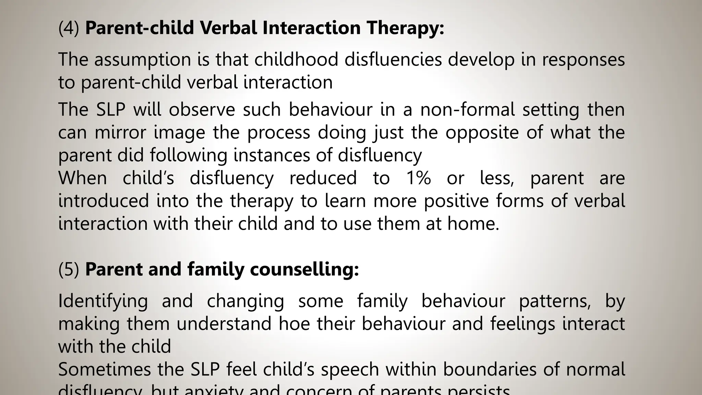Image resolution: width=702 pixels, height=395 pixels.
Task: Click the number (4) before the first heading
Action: coord(69,28)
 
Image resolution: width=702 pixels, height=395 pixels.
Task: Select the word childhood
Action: coord(296,60)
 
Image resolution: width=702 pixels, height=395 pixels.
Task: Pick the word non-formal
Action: coord(468,110)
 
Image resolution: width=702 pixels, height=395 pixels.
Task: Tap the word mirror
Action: coord(120,132)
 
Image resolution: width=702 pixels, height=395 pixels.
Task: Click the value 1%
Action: coord(418,178)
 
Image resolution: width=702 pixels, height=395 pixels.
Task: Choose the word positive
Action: coord(456,201)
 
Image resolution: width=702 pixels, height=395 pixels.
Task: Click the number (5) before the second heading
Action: coord(69,270)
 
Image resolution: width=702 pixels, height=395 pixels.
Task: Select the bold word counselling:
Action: coord(304,270)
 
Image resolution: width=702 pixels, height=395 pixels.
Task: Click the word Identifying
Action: coord(103,301)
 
